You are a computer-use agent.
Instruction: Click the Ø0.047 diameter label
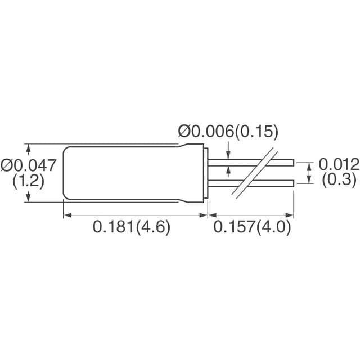(x=29, y=165)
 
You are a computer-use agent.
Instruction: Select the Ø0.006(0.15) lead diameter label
(x=228, y=132)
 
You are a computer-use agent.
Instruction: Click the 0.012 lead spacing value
(x=339, y=164)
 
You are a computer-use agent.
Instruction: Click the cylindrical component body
(x=129, y=172)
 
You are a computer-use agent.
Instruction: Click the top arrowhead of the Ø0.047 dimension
(x=28, y=147)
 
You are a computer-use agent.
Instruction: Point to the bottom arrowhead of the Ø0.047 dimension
(x=28, y=197)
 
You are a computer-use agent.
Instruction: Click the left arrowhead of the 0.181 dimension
(x=65, y=214)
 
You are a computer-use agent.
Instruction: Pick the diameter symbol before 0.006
(x=185, y=132)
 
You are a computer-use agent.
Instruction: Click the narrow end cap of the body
(x=205, y=173)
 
